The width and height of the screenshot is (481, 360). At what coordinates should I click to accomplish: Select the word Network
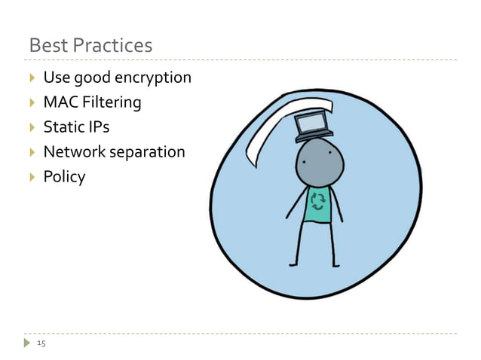point(73,151)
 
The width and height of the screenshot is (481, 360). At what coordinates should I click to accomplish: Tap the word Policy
point(64,176)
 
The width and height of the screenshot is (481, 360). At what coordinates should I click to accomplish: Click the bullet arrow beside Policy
point(32,176)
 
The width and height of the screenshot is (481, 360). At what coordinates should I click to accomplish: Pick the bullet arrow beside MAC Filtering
point(32,102)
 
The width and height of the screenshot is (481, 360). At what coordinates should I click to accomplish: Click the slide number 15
point(41,343)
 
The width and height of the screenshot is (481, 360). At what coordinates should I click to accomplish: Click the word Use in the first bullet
point(56,78)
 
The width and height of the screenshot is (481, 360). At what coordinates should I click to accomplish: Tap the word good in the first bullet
point(93,78)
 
